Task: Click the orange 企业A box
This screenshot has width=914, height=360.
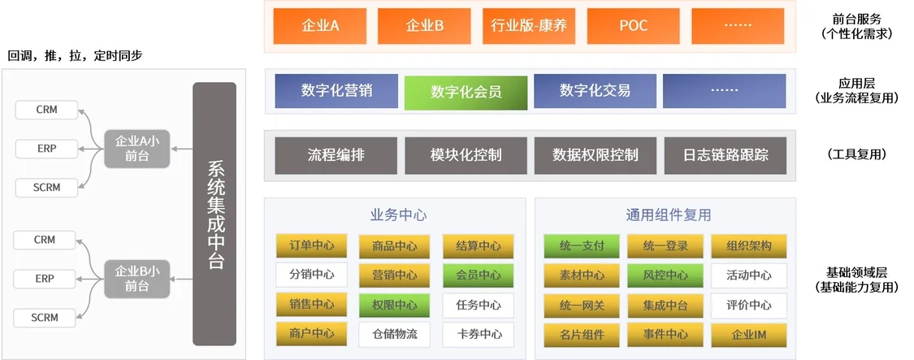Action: pos(320,26)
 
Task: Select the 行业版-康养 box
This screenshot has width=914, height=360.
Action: pos(529,26)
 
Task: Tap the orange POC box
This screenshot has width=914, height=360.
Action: pos(634,26)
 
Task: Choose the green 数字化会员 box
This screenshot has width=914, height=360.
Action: pos(466,92)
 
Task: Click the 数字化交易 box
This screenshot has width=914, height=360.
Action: pos(596,91)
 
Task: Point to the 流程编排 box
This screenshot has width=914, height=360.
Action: pos(336,156)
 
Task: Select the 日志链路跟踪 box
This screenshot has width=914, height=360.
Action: pos(726,156)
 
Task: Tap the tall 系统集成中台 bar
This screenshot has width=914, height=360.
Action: pos(214,215)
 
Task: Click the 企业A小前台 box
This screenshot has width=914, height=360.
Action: pos(137,149)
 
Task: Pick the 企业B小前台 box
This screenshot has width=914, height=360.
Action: pos(137,279)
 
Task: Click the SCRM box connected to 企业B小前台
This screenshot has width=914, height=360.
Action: pos(46,318)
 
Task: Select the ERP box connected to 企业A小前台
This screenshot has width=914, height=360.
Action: pos(46,148)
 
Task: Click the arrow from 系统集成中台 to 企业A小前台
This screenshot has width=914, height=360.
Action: pos(181,149)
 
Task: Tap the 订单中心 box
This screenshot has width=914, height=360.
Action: pos(311,245)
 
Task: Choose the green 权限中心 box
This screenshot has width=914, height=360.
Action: pos(395,306)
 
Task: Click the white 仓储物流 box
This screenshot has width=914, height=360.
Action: pos(395,335)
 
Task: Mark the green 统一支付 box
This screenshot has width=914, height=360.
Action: pos(581,245)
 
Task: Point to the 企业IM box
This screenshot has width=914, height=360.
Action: pos(748,335)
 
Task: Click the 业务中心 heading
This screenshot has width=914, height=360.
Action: pos(399,215)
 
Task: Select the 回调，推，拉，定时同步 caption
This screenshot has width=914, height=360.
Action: pos(75,57)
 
